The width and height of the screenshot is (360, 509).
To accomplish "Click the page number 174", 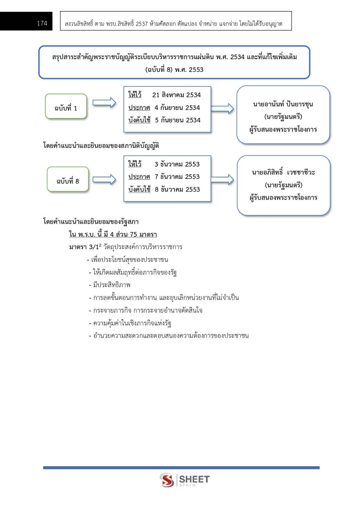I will [42, 23].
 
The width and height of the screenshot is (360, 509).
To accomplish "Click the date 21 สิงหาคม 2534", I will [176, 95].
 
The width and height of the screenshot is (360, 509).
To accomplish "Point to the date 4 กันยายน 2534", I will [177, 108].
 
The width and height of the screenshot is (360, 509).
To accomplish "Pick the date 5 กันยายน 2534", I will [177, 120].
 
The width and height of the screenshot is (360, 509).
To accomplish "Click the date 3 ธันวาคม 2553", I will [177, 164].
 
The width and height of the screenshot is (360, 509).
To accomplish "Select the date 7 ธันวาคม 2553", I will [177, 177].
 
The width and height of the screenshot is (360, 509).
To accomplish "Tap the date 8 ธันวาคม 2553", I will [177, 189].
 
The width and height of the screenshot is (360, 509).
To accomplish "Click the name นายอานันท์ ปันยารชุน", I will [283, 104].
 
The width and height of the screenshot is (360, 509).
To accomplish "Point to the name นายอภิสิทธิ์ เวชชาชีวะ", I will [283, 172].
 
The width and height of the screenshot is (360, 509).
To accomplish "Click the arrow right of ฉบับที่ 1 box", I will [104, 103].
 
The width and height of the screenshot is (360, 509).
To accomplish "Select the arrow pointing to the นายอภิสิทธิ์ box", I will [222, 179].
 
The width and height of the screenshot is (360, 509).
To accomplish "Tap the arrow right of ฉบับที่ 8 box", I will [104, 180].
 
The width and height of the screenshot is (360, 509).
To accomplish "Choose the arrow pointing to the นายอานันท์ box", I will [222, 108].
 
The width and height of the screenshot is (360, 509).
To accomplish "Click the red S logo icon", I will [167, 480].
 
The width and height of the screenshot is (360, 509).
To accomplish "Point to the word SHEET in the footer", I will [194, 479].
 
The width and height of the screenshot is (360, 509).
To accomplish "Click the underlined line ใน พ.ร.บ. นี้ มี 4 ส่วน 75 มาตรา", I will [113, 234].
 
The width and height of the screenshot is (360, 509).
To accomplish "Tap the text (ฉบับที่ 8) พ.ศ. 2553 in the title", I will [174, 70].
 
